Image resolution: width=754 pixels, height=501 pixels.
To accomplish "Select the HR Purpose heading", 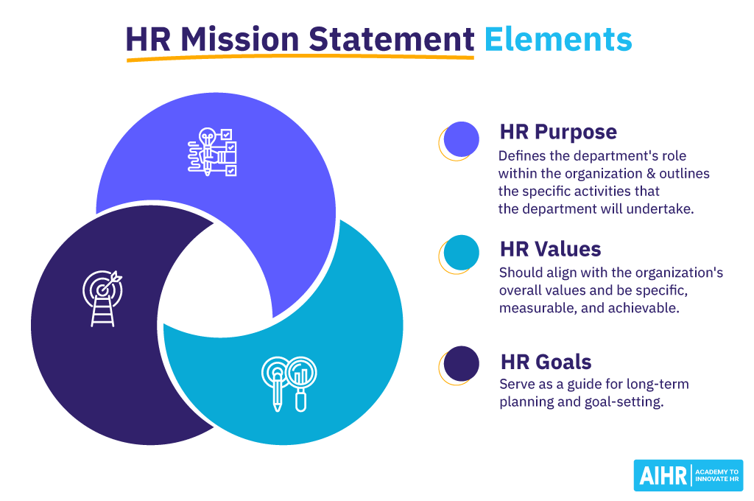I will (x=558, y=132).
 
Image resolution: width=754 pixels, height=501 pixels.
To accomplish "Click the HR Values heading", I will (x=550, y=248).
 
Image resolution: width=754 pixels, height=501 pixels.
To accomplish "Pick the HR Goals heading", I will (x=546, y=362).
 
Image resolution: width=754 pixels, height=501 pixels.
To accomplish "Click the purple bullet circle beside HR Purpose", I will (x=462, y=139).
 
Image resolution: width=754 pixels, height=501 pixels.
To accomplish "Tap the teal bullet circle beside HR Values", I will (x=462, y=253).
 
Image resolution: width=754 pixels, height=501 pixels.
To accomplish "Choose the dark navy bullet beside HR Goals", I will (x=462, y=364).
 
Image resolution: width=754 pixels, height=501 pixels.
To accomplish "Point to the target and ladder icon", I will (x=102, y=299).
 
